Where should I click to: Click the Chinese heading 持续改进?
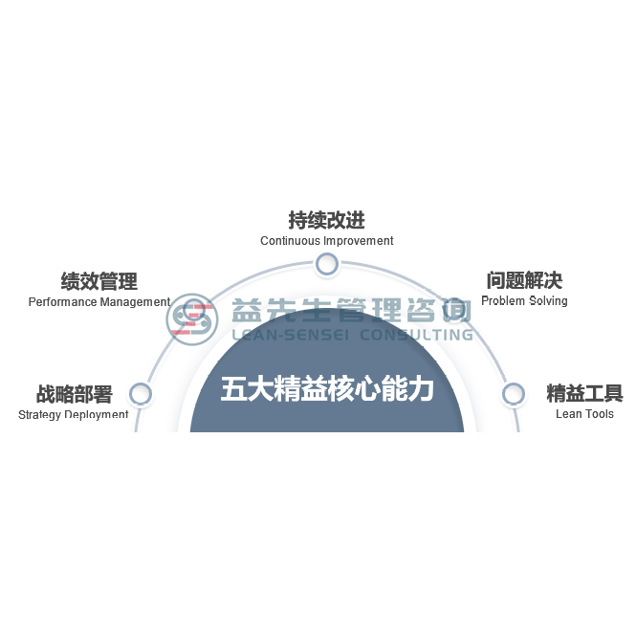click(326, 220)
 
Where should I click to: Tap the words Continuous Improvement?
click(327, 241)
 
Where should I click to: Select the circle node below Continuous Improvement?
click(326, 264)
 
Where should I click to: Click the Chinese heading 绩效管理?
click(99, 281)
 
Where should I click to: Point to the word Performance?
click(62, 302)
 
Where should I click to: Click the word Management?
click(135, 302)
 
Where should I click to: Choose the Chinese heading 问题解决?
click(524, 280)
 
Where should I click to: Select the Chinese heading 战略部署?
click(75, 394)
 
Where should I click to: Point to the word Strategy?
click(39, 415)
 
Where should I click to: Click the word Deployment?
click(97, 415)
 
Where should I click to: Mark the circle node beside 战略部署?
click(141, 393)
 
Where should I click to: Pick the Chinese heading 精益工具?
click(584, 393)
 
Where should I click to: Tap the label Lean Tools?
click(584, 414)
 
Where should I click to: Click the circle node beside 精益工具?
click(513, 393)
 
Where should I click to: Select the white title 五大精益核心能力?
click(327, 389)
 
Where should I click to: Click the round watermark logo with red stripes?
click(191, 319)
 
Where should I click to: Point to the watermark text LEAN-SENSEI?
click(290, 335)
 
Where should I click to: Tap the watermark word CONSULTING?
click(417, 335)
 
